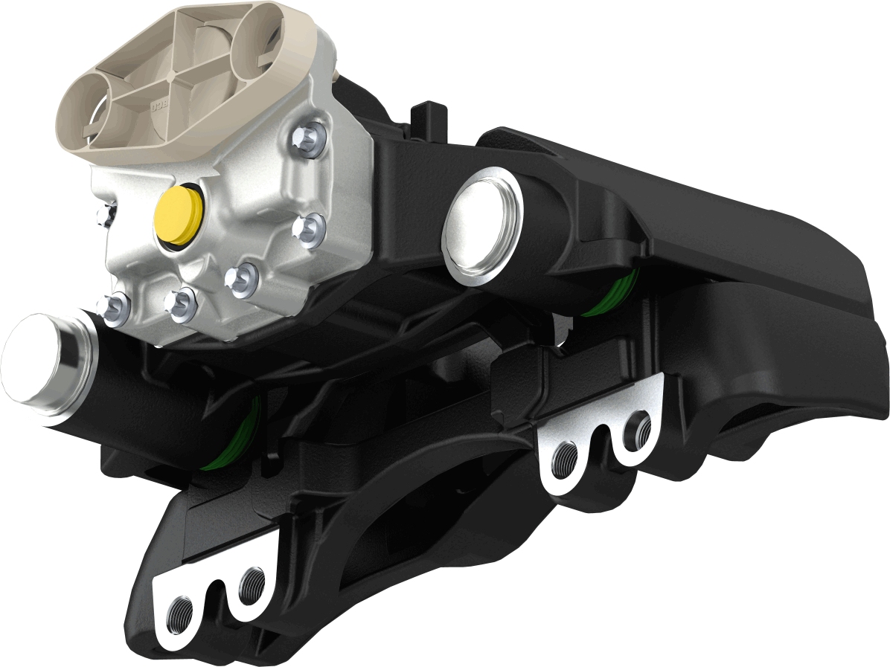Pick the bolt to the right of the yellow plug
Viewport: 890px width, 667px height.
pyautogui.click(x=307, y=228)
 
